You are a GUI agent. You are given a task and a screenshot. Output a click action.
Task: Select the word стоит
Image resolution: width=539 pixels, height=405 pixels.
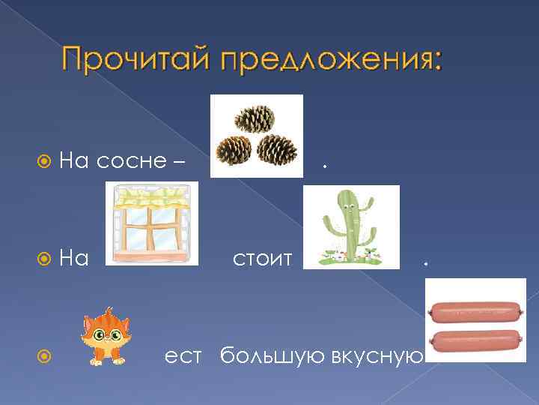coord(261,259)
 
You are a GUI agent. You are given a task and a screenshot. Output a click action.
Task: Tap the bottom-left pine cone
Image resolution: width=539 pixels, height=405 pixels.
coord(234,150)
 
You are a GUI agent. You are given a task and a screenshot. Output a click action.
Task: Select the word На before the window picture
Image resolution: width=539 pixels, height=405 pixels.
coord(74,259)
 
